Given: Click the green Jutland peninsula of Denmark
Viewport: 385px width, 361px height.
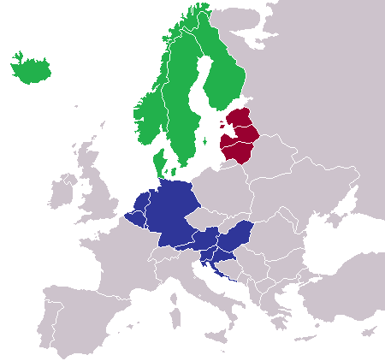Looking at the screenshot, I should [x=157, y=162].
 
